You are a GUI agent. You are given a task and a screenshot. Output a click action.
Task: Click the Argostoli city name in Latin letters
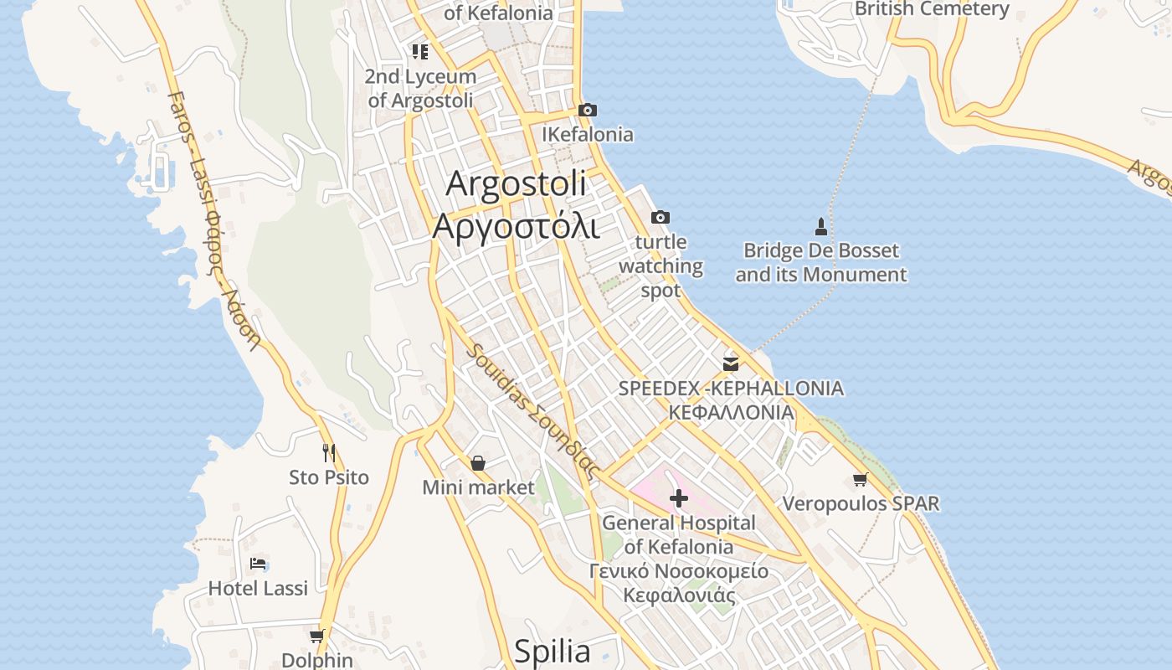click(x=516, y=184)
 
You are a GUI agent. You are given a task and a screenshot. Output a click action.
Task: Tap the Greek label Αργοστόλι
click(x=516, y=225)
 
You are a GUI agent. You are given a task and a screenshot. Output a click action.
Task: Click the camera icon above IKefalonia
click(x=588, y=111)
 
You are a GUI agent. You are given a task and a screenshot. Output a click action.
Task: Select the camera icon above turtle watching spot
click(x=660, y=218)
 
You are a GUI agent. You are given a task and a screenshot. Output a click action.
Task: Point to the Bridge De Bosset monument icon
click(x=820, y=226)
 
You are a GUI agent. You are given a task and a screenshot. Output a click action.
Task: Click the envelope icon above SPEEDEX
click(x=731, y=363)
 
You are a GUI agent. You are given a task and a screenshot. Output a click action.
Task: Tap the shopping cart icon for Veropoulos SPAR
click(x=860, y=479)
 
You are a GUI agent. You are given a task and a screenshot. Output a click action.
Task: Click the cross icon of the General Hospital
click(x=678, y=499)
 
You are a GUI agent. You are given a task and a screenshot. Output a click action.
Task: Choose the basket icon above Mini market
click(x=477, y=463)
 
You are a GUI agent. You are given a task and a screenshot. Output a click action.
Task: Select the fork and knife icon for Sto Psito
click(x=329, y=453)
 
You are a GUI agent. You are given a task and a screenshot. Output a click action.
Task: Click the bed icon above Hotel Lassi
click(x=258, y=564)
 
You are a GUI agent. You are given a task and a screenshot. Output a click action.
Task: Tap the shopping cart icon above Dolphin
click(x=316, y=636)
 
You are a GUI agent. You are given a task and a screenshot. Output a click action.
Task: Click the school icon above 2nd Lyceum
click(x=420, y=52)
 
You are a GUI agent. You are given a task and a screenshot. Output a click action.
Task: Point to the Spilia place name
click(x=552, y=651)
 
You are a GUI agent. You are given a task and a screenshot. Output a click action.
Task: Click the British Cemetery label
click(x=932, y=9)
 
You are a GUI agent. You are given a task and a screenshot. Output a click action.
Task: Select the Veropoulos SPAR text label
click(x=861, y=503)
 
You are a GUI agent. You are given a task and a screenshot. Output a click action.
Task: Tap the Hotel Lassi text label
click(x=258, y=588)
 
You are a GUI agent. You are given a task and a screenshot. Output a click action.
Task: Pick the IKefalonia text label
click(x=588, y=134)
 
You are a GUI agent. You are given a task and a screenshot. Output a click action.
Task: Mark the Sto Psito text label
click(x=329, y=477)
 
